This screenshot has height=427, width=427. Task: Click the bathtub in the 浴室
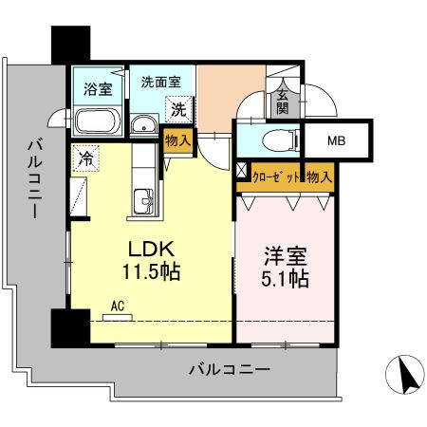click(95, 121)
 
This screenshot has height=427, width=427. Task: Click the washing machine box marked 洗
click(177, 109)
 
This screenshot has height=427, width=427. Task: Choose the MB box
click(336, 141)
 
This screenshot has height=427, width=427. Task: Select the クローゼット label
click(275, 176)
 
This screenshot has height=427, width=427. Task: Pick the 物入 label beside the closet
click(318, 176)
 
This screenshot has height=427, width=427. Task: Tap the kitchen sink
click(145, 201)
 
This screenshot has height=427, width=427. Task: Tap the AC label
click(119, 306)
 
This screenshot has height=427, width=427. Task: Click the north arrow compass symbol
click(408, 377)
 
